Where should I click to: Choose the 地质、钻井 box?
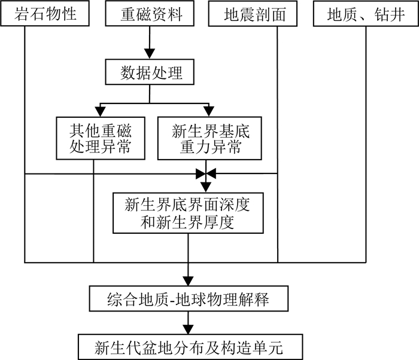[x=365, y=14]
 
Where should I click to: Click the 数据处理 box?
[x=150, y=73]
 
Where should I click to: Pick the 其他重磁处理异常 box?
[x=101, y=138]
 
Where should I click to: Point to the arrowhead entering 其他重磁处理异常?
[x=101, y=111]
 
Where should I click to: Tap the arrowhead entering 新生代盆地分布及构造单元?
[x=188, y=330]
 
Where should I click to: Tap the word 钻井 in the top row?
[x=385, y=14]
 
